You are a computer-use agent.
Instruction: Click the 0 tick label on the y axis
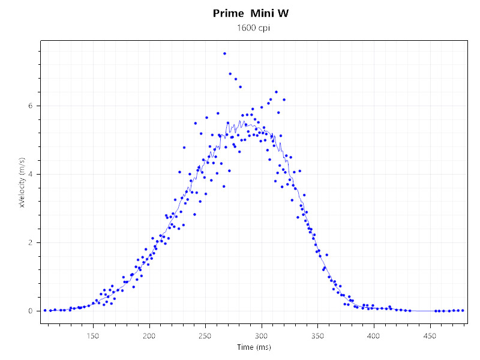click(x=31, y=311)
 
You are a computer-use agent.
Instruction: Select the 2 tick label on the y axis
click(x=31, y=242)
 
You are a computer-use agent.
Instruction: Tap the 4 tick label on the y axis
click(x=31, y=174)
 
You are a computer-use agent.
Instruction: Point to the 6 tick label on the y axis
click(x=31, y=106)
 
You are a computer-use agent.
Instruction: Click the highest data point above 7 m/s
click(x=224, y=53)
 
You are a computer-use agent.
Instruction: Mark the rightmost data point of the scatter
click(x=463, y=310)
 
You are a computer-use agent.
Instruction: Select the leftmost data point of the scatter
click(x=45, y=310)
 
